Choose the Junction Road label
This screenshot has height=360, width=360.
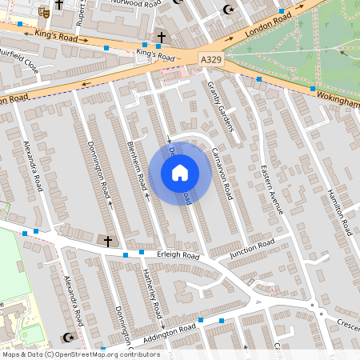(251, 246)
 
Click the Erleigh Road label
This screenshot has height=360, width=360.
(177, 255)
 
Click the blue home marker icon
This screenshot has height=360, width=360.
(179, 172)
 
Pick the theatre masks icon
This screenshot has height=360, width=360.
(43, 12)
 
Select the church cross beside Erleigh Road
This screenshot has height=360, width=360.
(108, 240)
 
